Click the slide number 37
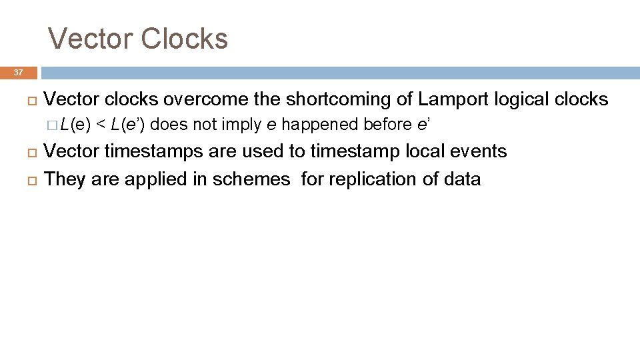tap(18, 73)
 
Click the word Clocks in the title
tap(187, 39)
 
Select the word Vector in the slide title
tap(93, 39)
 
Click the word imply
tap(238, 125)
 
